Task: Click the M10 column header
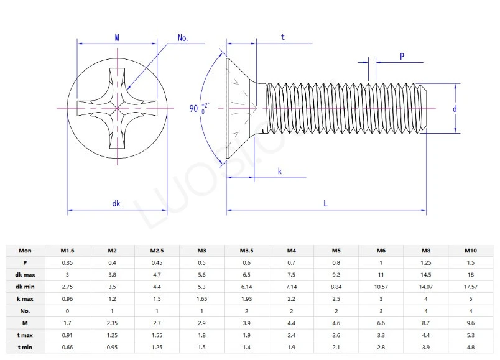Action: coord(471,251)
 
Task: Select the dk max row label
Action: coord(25,274)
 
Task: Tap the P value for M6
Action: coord(381,262)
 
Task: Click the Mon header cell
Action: coord(25,251)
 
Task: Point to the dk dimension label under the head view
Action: coord(116,203)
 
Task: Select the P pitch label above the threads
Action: coord(402,56)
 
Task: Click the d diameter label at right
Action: coord(455,109)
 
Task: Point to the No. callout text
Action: coord(183,38)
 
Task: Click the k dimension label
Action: coord(280,170)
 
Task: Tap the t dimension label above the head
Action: coord(282,37)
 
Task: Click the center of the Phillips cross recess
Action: coord(117,108)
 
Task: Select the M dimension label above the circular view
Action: coord(117,38)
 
